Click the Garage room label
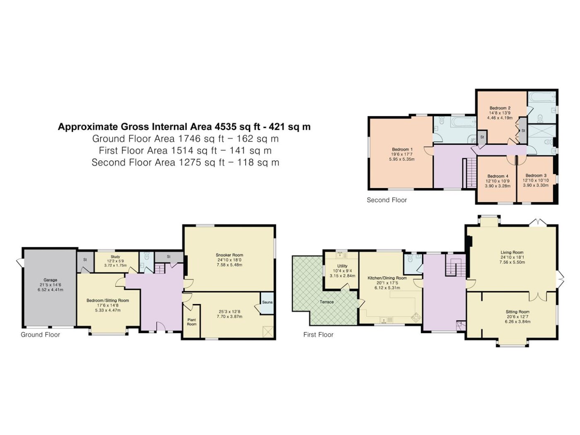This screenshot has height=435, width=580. [x=50, y=280]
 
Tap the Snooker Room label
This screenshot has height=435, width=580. [x=229, y=255]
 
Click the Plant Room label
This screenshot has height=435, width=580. [x=191, y=322]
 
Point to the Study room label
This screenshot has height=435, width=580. [x=115, y=256]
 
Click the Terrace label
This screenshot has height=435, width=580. [x=326, y=302]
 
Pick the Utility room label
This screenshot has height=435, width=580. [x=342, y=266]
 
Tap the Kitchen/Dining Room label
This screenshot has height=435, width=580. [x=387, y=278]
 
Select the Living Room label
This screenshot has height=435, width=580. [x=512, y=252]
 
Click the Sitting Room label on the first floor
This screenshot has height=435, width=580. [x=517, y=312]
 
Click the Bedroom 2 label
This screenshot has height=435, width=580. [x=500, y=108]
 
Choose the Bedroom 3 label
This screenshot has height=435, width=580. [x=536, y=175]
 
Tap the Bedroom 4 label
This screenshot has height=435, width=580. [x=498, y=176]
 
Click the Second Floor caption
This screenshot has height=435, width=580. [x=387, y=200]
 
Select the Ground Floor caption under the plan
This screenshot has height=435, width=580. [x=41, y=335]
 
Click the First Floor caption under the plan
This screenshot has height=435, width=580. [x=318, y=335]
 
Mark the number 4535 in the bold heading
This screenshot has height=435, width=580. [x=226, y=127]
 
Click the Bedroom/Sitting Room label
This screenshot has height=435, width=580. [x=108, y=300]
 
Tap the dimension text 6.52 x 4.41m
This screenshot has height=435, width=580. [x=50, y=290]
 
